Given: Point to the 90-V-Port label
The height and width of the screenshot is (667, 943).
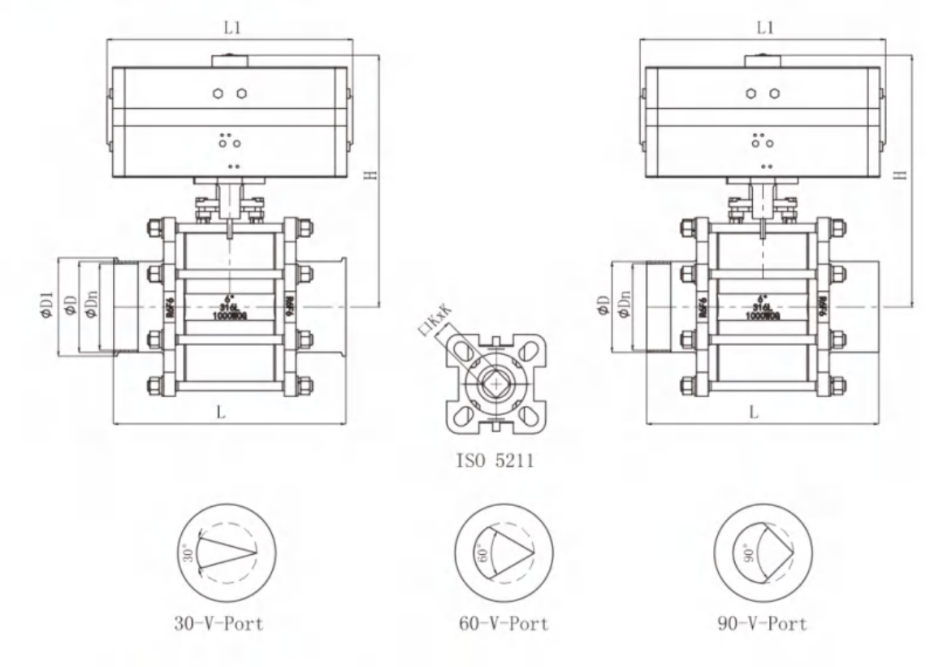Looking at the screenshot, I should click(760, 624).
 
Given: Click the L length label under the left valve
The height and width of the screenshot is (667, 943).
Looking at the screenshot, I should click(222, 413).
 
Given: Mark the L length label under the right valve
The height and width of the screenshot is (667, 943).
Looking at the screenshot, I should click(754, 413).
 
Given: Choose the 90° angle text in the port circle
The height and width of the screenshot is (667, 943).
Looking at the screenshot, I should click(748, 554).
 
